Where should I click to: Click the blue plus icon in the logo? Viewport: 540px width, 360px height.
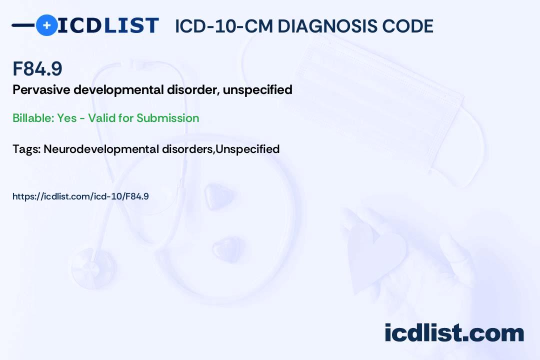tap(46, 25)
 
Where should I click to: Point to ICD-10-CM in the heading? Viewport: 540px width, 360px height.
tap(224, 26)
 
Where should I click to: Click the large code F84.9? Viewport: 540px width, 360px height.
tap(37, 68)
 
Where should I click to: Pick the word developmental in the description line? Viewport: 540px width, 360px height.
tap(118, 90)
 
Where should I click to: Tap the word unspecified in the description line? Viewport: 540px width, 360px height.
tap(257, 90)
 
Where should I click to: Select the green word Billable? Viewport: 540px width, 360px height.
tap(33, 118)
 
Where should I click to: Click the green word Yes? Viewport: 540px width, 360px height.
tap(67, 118)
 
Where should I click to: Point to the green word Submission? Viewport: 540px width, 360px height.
tap(167, 118)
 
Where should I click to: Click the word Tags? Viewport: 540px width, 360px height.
tap(27, 149)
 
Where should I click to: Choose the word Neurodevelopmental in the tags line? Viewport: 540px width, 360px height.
tap(101, 149)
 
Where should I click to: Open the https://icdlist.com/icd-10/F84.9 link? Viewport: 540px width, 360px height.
tap(80, 196)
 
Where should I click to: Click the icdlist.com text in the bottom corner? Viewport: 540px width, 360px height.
tap(454, 333)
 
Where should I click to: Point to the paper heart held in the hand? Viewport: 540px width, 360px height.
tap(375, 255)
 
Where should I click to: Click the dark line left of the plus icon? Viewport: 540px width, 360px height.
tap(23, 25)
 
